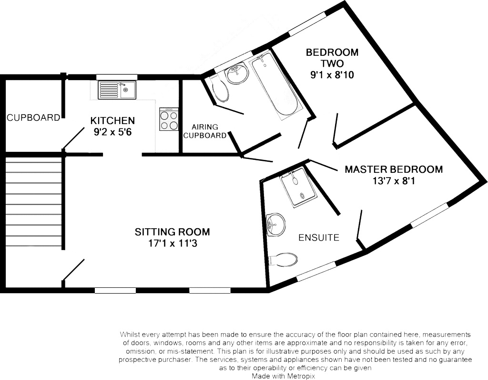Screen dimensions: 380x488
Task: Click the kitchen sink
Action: pyautogui.click(x=117, y=90)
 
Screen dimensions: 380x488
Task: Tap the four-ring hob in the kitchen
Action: pyautogui.click(x=169, y=120)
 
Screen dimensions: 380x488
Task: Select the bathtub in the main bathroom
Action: pyautogui.click(x=275, y=86)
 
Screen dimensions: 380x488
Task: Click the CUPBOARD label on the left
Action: pyautogui.click(x=33, y=117)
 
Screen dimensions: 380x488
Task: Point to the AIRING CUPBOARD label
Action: pyautogui.click(x=205, y=131)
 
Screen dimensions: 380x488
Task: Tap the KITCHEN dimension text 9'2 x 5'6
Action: pyautogui.click(x=113, y=131)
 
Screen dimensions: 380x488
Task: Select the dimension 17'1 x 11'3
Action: pyautogui.click(x=172, y=243)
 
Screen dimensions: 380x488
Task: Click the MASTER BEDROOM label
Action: pyautogui.click(x=394, y=169)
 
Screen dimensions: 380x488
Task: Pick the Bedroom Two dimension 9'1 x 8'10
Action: pyautogui.click(x=332, y=74)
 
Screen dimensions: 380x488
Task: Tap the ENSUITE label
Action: pyautogui.click(x=319, y=237)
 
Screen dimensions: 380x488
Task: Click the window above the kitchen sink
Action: pyautogui.click(x=117, y=77)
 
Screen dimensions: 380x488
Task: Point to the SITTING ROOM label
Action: pyautogui.click(x=172, y=232)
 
